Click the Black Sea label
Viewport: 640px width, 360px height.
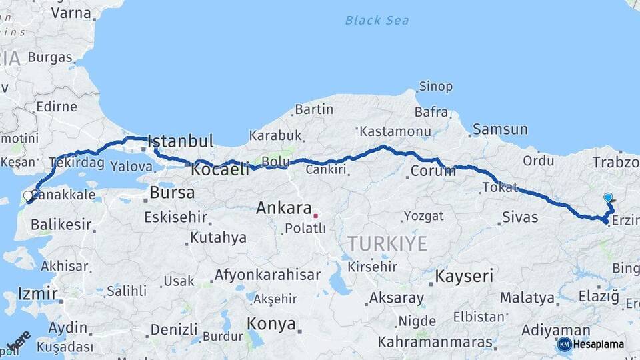coord(377,20)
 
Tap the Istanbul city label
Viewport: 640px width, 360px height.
coord(181,141)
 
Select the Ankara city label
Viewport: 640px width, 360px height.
coord(284,209)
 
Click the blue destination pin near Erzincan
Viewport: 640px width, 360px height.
coord(608,198)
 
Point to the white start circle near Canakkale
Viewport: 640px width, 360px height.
coord(28,195)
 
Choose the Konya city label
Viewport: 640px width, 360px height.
coord(271,324)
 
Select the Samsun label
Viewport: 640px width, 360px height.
coord(499,129)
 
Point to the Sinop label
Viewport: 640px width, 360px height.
coord(435,87)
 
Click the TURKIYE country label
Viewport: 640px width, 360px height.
coord(387,244)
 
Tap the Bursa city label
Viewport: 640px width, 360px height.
coord(172,193)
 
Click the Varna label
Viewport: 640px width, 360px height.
coord(71,13)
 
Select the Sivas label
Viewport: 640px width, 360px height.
coord(519,217)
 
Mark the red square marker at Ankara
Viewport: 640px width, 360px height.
coord(316,215)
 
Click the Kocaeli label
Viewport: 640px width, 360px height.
coord(220,170)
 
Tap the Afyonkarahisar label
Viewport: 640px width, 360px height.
coord(267,275)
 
